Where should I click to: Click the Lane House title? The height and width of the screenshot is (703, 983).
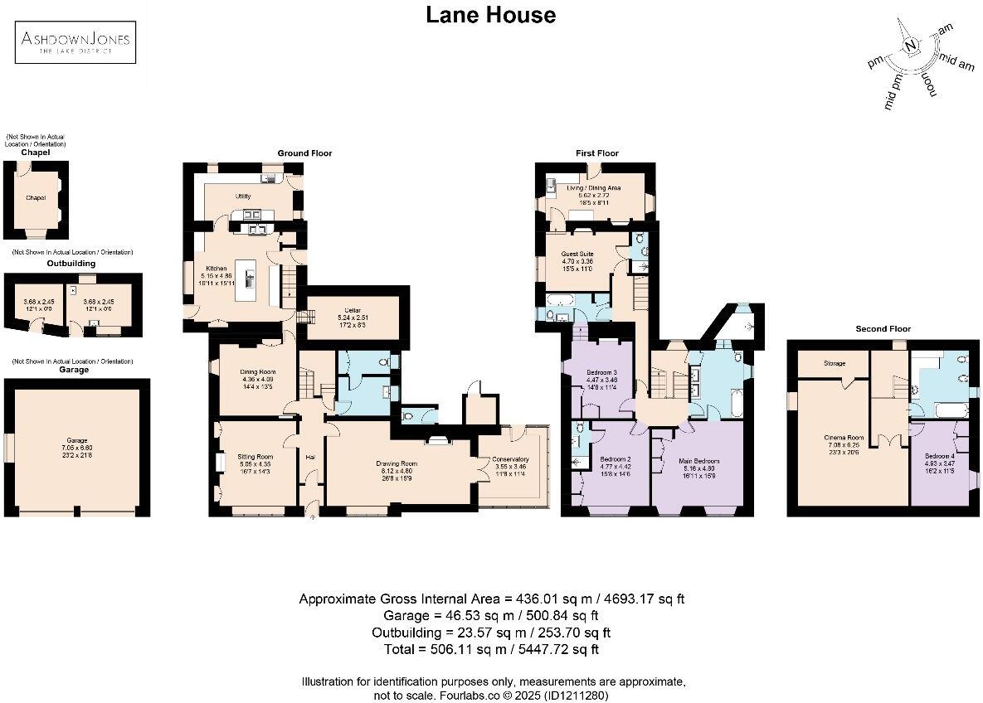pos(490,15)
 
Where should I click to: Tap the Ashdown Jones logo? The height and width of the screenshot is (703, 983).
pos(75,41)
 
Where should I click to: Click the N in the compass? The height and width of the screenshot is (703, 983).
pos(911,46)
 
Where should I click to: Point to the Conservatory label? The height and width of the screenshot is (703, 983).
pos(510,459)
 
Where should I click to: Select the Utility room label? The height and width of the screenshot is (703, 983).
pos(243,196)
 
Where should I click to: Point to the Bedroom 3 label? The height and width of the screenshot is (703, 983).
pos(602,371)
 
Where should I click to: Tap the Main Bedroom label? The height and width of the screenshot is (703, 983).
pos(699,460)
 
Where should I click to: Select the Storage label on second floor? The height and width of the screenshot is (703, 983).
pos(834,362)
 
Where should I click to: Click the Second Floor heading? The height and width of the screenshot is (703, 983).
pos(883,329)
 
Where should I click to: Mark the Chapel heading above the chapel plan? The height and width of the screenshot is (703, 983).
pos(36,153)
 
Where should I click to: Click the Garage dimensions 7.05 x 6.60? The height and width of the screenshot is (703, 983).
pos(77,447)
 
